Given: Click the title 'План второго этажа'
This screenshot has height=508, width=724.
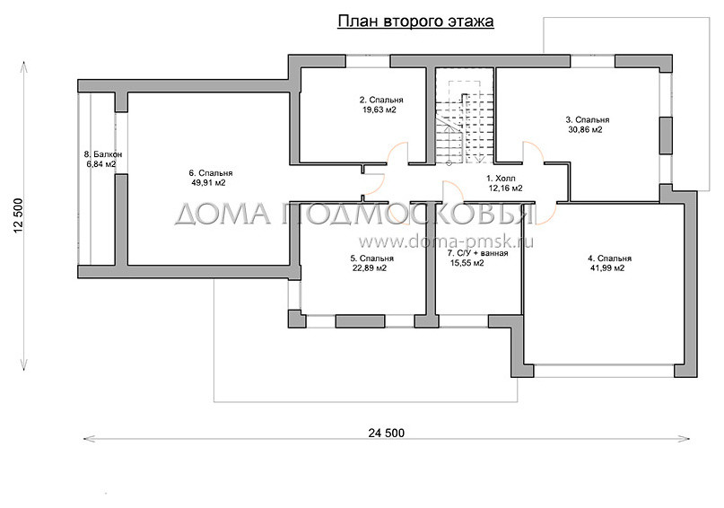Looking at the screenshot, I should [x=415, y=21].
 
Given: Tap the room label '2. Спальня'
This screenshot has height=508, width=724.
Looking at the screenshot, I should [x=381, y=100].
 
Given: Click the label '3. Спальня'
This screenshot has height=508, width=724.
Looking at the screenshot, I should [x=588, y=118].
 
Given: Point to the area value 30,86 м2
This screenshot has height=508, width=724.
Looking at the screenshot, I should [x=585, y=130].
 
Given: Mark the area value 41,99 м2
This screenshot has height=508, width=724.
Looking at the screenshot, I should [x=606, y=267].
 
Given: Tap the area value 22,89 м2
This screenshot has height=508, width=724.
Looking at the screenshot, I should [x=369, y=267].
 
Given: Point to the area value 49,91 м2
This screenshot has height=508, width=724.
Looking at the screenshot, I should [x=207, y=183].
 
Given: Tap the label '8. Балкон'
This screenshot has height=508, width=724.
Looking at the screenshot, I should [x=100, y=154].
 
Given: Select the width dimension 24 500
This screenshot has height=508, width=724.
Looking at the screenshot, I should [x=386, y=433].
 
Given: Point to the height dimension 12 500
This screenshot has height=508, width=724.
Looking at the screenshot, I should [x=19, y=215].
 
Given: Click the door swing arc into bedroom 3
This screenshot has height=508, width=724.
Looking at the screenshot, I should [x=529, y=154].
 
